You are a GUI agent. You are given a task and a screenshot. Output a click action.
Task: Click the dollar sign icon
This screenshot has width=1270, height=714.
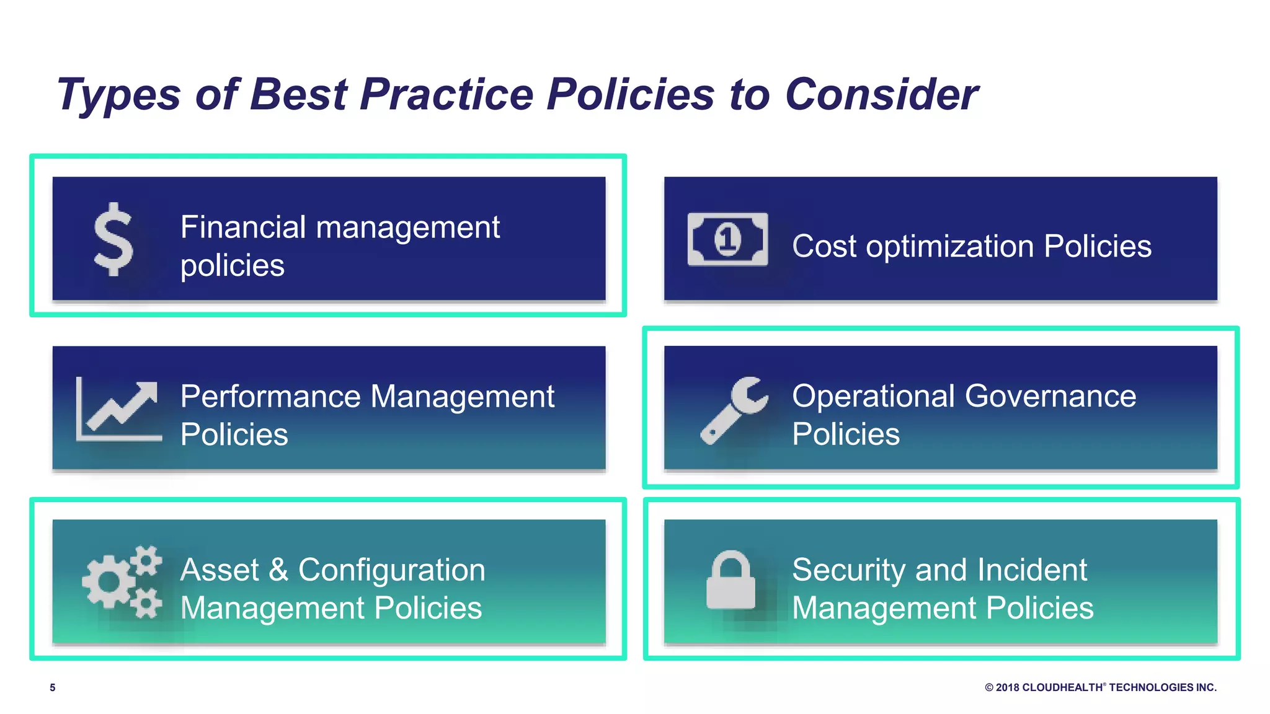click(x=113, y=239)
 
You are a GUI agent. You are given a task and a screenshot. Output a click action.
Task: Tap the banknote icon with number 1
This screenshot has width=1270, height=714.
click(x=727, y=239)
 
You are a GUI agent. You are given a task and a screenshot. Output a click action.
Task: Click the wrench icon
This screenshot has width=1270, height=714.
click(x=734, y=410)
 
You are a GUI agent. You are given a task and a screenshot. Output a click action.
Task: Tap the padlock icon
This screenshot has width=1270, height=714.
click(x=730, y=580)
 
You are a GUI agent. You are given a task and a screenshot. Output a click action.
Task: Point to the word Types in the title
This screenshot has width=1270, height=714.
click(x=118, y=95)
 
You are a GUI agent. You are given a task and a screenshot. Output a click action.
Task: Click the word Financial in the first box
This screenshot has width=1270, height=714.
click(x=243, y=227)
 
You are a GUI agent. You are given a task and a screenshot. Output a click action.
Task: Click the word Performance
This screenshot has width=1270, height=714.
click(x=270, y=397)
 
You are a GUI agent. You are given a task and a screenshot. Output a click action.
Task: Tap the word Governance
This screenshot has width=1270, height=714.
click(x=1050, y=396)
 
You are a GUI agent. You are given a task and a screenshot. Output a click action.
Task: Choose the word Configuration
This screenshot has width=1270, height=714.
click(x=391, y=570)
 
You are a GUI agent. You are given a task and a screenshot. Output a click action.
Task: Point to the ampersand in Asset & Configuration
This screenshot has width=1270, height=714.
click(x=278, y=570)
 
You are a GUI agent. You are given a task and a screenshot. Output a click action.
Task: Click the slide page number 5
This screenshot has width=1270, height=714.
click(x=53, y=687)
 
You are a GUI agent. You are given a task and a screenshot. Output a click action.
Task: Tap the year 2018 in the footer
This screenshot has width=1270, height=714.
click(x=1007, y=687)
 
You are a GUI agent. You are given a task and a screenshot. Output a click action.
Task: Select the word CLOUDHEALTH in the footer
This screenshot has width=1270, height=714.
click(x=1062, y=687)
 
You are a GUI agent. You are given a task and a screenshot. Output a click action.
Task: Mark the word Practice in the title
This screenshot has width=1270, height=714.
click(x=446, y=95)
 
